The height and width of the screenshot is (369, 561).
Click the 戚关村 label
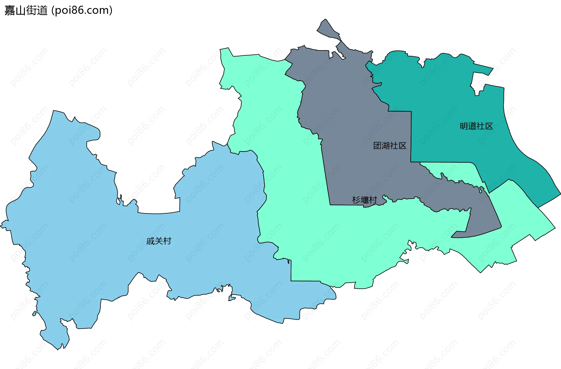pos(159,241)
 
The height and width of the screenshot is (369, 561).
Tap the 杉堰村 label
pos(364,200)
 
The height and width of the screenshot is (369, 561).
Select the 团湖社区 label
pos(390,146)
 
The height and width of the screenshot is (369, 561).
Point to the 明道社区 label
pos(476,126)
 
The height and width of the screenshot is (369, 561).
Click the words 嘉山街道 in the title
pos(26,11)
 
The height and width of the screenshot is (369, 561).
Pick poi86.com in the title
pos(82,11)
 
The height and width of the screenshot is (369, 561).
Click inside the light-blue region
pos(88,233)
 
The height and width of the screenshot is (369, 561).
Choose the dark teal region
pos(453,93)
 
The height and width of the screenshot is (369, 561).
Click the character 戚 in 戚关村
pos(150,241)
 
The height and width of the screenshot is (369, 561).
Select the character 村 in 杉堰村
pos(373,200)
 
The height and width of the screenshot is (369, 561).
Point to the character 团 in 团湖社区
pos(378,146)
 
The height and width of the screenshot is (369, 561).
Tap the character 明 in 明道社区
pos(464,126)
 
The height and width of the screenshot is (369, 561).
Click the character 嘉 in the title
pos(10,11)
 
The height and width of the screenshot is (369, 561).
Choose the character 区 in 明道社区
pos(489,126)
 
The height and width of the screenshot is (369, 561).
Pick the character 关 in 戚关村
pos(159,241)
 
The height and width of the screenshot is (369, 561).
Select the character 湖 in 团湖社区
pos(386,146)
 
